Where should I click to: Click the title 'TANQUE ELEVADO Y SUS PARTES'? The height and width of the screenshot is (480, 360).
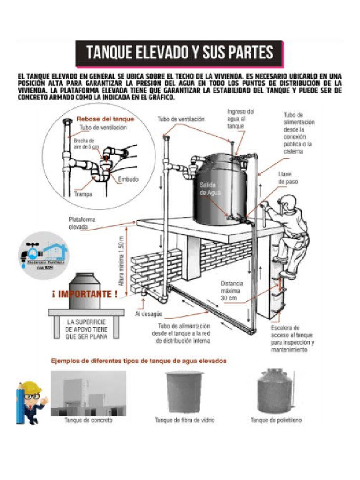point(179,52)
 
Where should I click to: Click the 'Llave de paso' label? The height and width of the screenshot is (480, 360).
point(288,177)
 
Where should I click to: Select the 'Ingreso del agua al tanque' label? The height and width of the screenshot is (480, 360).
point(241,119)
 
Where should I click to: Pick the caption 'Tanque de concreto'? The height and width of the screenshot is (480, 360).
point(88,420)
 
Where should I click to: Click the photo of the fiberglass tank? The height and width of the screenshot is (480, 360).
point(185,391)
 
